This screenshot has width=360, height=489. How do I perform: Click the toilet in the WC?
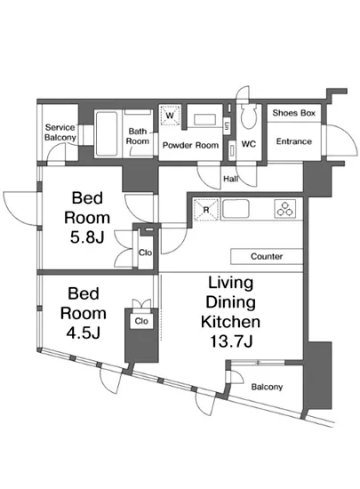(x=249, y=116)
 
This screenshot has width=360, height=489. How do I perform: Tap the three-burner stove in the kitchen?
(x=284, y=209)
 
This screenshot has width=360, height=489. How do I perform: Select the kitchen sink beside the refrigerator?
(x=236, y=209)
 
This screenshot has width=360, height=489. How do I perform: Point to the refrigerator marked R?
(x=205, y=210)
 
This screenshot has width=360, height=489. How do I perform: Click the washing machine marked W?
(x=170, y=116)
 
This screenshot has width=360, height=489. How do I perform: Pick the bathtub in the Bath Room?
(x=107, y=133)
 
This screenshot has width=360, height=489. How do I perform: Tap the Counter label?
(x=267, y=256)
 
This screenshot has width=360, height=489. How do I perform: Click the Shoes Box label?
(x=293, y=113)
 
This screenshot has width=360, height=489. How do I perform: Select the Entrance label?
(x=294, y=141)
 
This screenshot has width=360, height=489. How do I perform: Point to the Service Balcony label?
(x=60, y=132)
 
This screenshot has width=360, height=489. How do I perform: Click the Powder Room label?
(x=190, y=145)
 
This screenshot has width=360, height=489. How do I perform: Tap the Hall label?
(x=230, y=179)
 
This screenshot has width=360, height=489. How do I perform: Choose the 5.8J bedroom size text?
(x=87, y=237)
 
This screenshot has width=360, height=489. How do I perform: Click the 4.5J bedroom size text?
(x=83, y=333)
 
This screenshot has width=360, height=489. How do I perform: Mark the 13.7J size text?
(x=230, y=341)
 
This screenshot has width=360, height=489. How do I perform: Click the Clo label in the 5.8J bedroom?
(x=145, y=253)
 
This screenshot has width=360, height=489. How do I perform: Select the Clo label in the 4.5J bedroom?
(x=141, y=321)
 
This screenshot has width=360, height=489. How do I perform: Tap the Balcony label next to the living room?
(x=267, y=387)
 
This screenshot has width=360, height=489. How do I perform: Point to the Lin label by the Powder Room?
(x=227, y=126)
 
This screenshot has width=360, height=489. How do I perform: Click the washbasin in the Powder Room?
(x=204, y=120)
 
